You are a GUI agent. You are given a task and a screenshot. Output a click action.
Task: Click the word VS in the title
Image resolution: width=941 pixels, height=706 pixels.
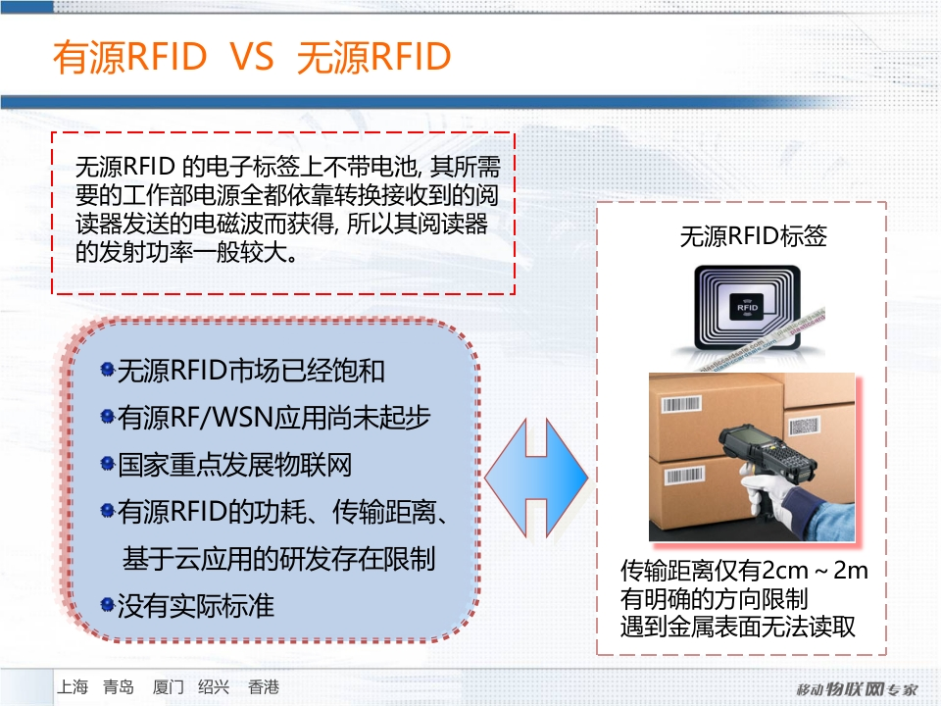click(x=252, y=57)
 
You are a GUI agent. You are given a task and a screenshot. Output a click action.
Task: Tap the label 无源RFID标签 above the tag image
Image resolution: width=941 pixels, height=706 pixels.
click(x=753, y=236)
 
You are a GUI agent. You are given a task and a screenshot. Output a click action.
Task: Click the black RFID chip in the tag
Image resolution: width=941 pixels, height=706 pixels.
click(x=747, y=307)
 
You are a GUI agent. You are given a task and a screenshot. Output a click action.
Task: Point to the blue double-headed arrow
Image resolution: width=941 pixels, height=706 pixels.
click(x=536, y=478)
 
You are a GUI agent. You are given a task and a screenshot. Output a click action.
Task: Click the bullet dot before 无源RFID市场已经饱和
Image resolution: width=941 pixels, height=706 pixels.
click(x=108, y=370)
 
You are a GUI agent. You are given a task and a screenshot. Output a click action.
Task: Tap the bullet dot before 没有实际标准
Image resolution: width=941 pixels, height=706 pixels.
click(x=108, y=604)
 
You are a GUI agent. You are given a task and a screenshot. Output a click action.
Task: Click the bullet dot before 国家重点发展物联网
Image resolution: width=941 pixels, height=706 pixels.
click(x=108, y=464)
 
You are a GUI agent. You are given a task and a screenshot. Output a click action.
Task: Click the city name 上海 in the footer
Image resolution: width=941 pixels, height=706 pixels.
click(x=73, y=686)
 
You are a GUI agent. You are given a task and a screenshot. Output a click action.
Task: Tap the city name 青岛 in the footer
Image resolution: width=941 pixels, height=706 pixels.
click(x=119, y=686)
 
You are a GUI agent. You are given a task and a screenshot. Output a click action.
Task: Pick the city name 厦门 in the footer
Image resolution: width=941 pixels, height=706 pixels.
click(x=168, y=686)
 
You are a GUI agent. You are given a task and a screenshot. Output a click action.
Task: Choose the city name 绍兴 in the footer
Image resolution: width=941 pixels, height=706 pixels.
click(x=214, y=686)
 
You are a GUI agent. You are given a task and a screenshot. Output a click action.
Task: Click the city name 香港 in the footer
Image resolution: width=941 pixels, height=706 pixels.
click(x=264, y=686)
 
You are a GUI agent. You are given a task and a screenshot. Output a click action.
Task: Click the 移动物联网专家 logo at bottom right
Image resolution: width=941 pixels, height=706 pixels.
click(x=857, y=689)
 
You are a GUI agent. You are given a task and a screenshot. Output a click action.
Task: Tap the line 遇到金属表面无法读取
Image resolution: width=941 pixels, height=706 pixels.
click(x=738, y=627)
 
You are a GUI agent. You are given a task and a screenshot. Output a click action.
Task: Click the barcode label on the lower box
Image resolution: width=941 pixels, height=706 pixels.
click(x=684, y=476)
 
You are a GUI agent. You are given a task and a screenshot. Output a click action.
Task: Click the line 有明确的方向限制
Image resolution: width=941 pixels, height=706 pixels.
click(x=715, y=598)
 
